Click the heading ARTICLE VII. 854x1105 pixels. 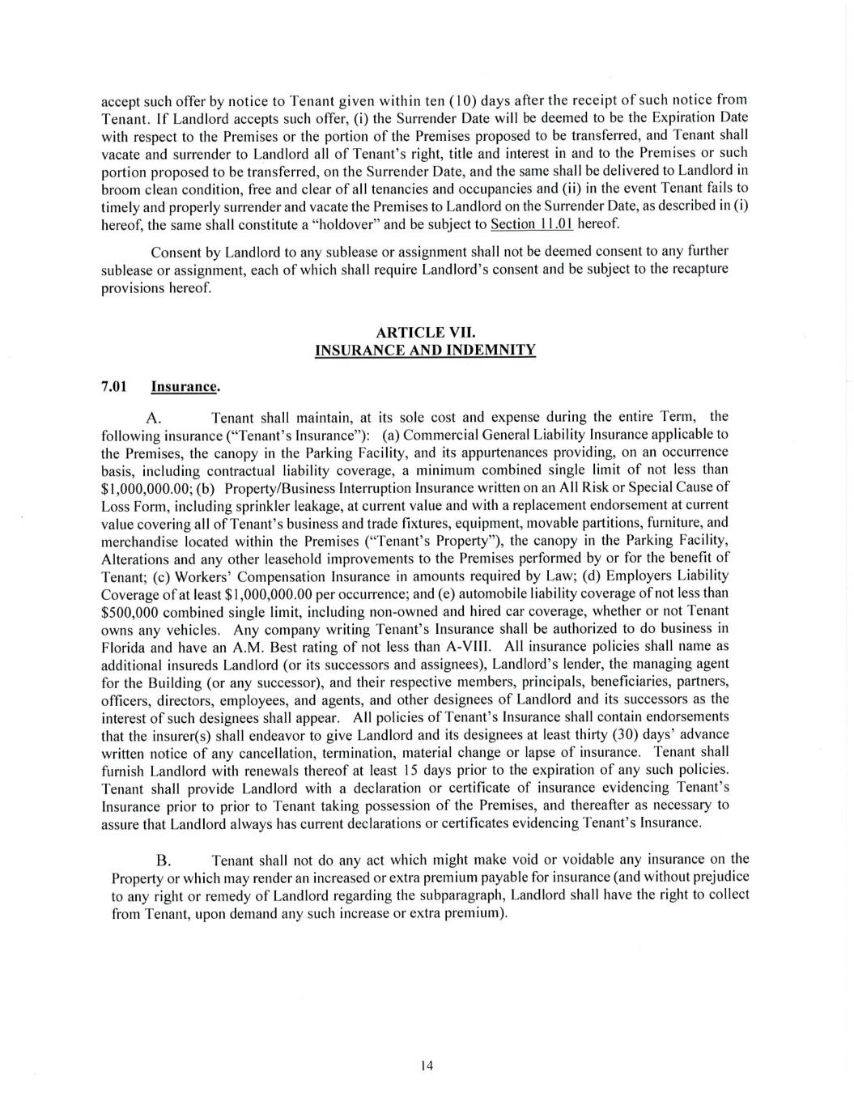[x=426, y=332]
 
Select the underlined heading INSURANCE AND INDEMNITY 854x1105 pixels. [x=425, y=350]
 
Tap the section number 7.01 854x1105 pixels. [x=114, y=386]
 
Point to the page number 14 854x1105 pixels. [x=427, y=1065]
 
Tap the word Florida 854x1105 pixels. [x=125, y=645]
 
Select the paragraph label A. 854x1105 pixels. [x=157, y=418]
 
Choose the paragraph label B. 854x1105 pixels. [x=163, y=860]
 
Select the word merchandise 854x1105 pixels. [x=136, y=540]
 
